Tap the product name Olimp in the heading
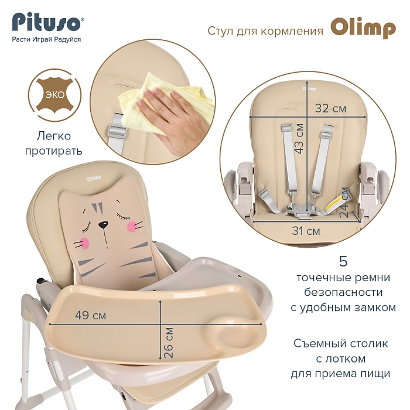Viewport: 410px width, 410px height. point(363,28)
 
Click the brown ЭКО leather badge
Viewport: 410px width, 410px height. point(54,95)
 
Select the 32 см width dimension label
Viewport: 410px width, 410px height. point(330,108)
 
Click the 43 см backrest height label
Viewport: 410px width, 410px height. point(299,138)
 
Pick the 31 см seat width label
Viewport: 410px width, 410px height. point(306,231)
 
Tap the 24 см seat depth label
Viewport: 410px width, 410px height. point(344,203)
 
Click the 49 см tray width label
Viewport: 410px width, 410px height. point(90,315)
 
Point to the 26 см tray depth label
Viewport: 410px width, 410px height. point(169,343)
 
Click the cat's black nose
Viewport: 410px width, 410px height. point(103,224)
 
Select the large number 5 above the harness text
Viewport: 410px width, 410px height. point(343,261)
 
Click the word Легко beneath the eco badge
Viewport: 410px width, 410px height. point(54,136)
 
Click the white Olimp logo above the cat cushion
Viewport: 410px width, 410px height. point(94,179)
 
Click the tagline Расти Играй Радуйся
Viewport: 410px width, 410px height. point(46,39)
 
